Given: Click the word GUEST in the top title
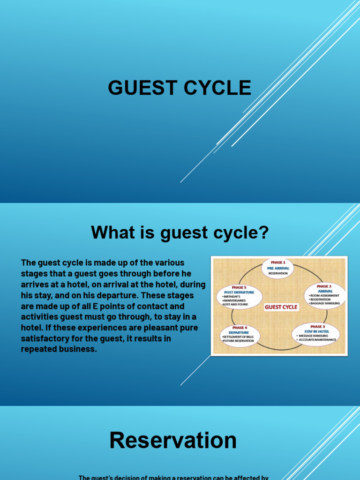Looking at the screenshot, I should click(137, 88).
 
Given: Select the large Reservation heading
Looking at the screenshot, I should click(173, 441).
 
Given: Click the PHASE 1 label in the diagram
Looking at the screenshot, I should click(277, 262).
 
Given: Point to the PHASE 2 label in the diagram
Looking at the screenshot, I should click(325, 286).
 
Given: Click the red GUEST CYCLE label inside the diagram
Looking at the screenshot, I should click(281, 307).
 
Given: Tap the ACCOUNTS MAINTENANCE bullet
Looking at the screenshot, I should click(317, 339).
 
